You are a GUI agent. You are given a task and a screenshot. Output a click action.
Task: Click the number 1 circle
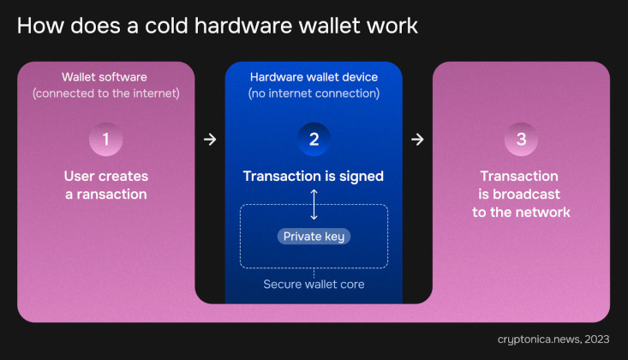pos(105,139)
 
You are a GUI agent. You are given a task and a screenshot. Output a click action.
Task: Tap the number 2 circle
pos(314,139)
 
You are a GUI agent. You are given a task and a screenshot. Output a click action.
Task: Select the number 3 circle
pos(521,139)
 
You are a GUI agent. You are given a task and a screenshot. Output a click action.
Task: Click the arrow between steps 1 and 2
pos(210,140)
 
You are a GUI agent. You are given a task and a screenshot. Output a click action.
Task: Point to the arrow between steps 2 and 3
pos(417,140)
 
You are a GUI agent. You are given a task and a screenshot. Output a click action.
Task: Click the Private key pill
pos(314,237)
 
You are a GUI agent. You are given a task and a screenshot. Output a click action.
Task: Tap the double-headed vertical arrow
pos(314,205)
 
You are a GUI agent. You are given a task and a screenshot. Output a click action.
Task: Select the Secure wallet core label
pos(314,285)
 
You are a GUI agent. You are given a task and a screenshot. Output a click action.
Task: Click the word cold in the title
pos(166,26)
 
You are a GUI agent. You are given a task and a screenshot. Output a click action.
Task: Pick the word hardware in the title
pos(243,26)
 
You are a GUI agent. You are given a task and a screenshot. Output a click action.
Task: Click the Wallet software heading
pos(105,77)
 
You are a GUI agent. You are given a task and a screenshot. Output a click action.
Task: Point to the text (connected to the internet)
pos(106,93)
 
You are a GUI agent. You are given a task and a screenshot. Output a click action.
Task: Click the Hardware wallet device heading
pos(314,77)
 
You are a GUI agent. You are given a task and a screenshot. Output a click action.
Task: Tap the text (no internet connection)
pos(314,93)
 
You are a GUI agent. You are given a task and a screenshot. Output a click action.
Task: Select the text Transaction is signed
pos(314,177)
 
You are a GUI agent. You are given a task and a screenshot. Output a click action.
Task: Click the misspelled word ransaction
pos(111,195)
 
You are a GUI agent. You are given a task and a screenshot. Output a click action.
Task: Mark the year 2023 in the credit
pos(597,339)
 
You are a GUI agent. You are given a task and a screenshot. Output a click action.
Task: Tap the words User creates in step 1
pos(106,177)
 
